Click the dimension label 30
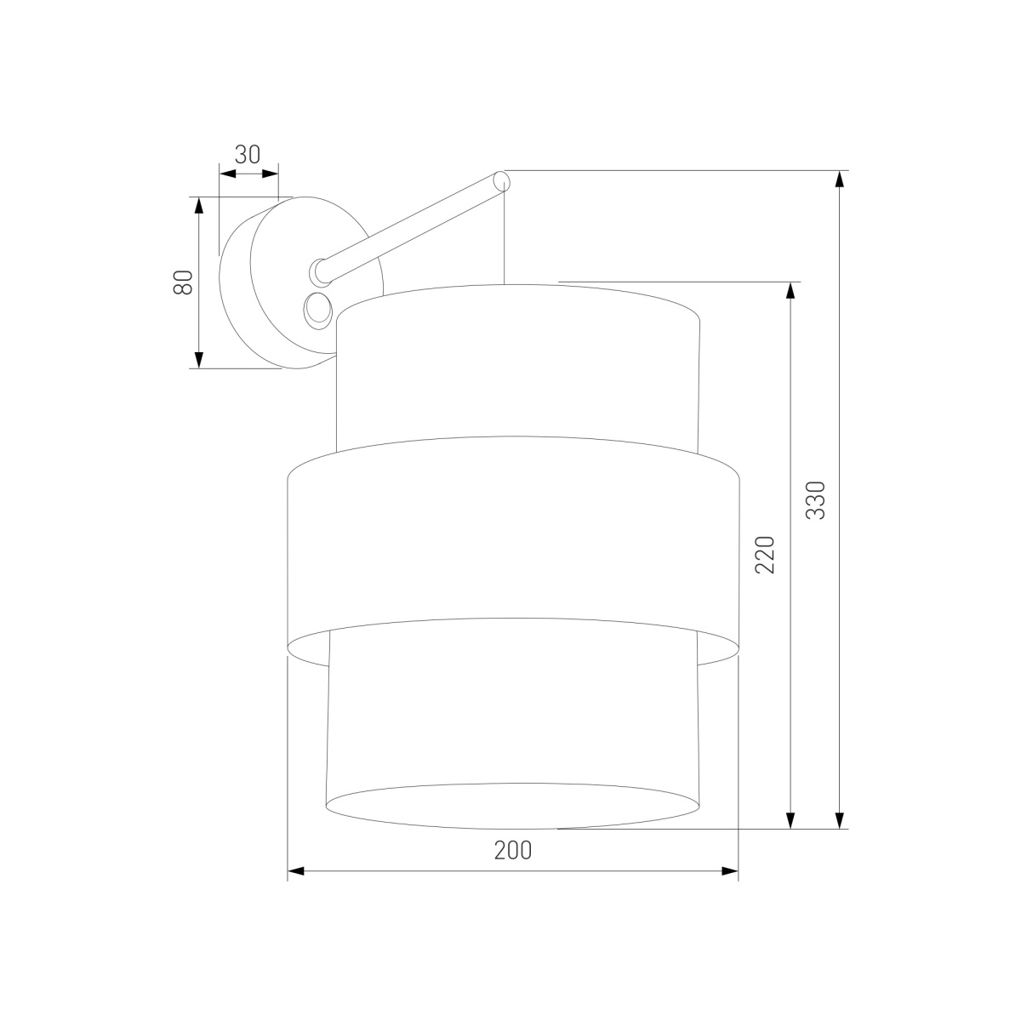tap(248, 154)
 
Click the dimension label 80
tap(183, 282)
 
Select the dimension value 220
tap(766, 554)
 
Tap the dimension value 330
tap(815, 500)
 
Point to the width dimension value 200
tap(513, 850)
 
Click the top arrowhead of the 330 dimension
tap(840, 180)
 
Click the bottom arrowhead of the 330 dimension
tap(840, 819)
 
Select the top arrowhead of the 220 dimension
tap(790, 290)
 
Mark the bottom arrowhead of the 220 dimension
tap(790, 819)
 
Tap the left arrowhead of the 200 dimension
tap(296, 870)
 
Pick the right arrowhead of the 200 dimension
tap(729, 870)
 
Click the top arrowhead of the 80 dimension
tap(198, 206)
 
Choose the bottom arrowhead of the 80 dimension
tap(198, 360)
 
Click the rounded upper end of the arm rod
tap(501, 181)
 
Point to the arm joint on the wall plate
tap(319, 271)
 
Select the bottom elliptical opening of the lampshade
tap(513, 805)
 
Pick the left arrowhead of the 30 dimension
tap(227, 174)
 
